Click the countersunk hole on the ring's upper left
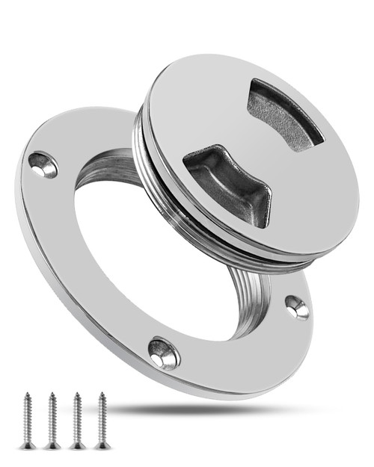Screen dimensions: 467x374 43,164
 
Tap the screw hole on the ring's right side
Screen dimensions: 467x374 297,306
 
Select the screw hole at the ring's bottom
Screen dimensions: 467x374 164,352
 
